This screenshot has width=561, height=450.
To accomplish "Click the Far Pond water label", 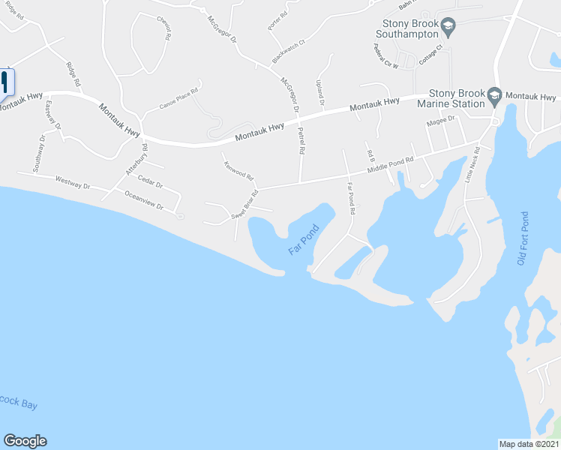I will click(x=303, y=240).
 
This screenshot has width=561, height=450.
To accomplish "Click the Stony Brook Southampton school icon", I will click(x=448, y=28).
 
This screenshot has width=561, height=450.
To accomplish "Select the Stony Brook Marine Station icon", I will click(x=494, y=96).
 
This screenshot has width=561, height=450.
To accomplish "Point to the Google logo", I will click(x=25, y=441).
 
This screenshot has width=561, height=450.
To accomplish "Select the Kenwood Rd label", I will click(x=238, y=172).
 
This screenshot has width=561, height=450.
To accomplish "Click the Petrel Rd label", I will click(x=301, y=140).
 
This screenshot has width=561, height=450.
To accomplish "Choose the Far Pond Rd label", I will click(x=350, y=196).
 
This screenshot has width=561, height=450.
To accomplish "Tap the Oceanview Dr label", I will click(x=144, y=198).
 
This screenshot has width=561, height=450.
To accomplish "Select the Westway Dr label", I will click(x=73, y=181).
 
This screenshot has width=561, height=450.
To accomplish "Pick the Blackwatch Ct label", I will click(x=289, y=51).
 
